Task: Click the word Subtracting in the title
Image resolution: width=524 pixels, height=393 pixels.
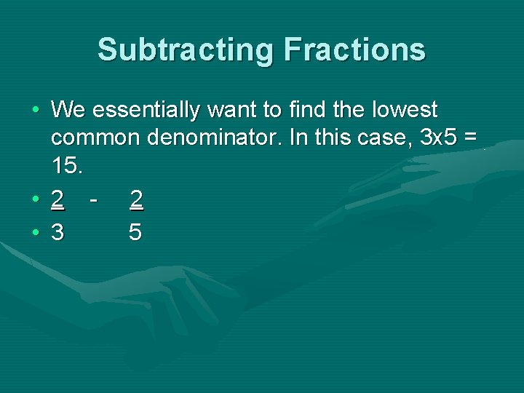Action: (186, 49)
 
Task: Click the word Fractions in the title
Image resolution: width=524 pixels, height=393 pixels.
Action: (355, 49)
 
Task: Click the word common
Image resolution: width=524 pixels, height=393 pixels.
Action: (96, 138)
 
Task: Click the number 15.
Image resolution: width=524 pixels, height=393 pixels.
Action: (67, 165)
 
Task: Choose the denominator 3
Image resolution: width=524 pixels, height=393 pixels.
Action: (58, 232)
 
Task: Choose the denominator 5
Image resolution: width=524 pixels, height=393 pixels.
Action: (135, 232)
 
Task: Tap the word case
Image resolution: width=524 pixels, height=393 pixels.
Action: (385, 138)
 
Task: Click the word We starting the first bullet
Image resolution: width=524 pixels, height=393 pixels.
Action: (69, 110)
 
